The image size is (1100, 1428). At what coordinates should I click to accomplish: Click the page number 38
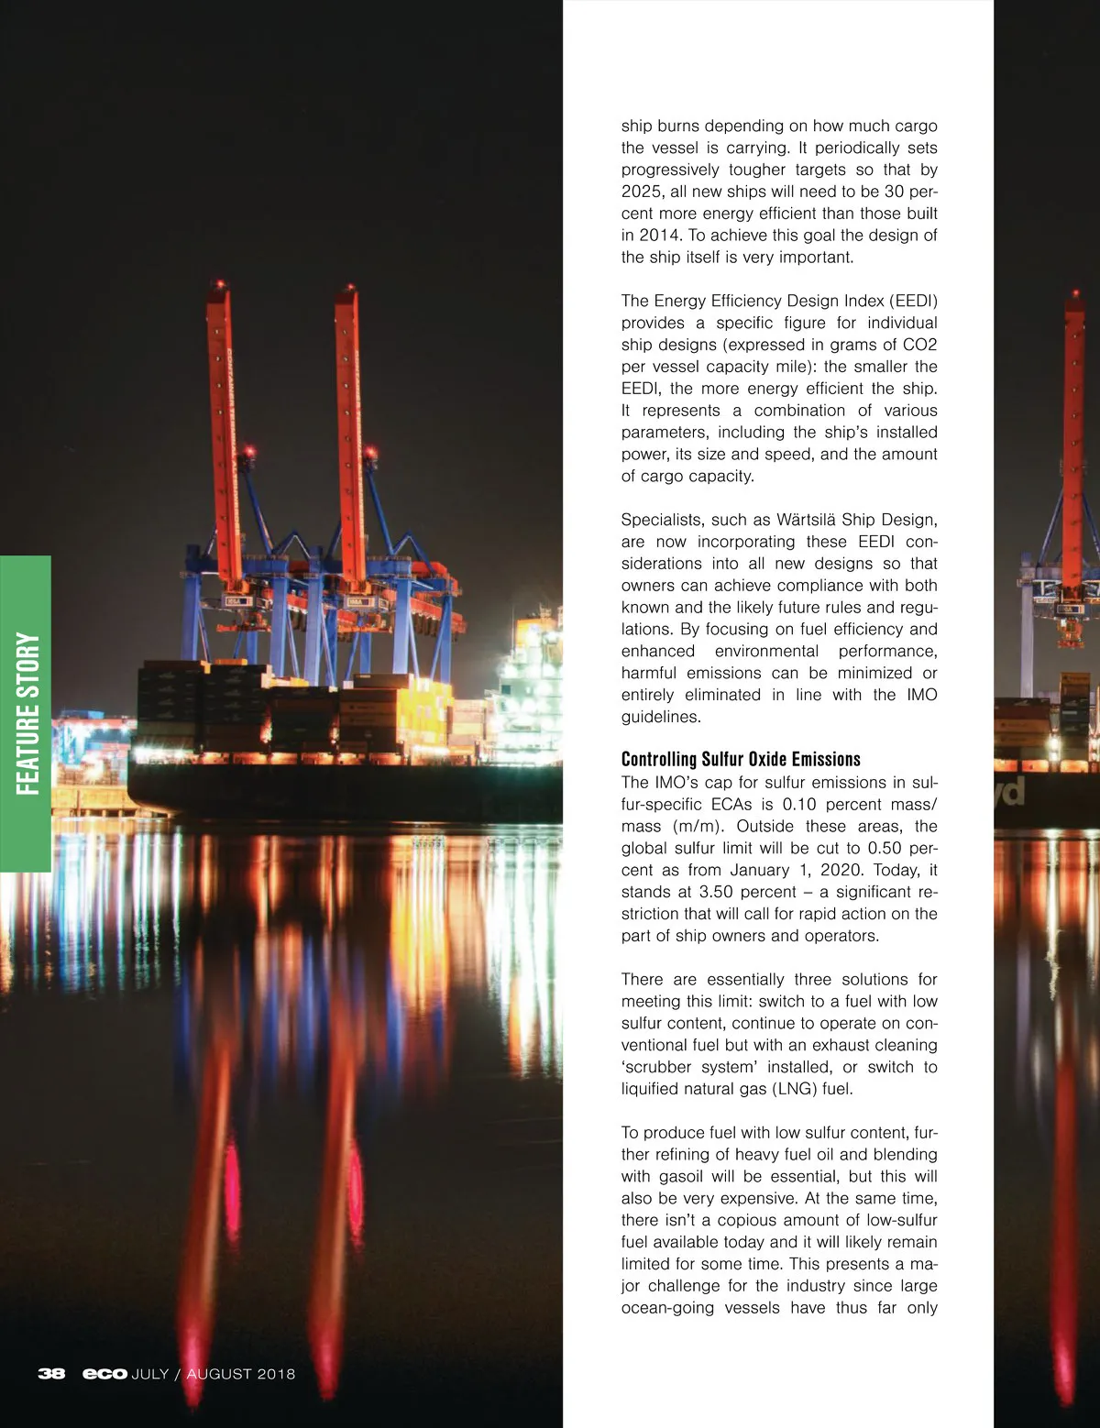click(x=51, y=1374)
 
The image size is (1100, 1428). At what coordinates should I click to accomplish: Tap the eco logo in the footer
click(x=104, y=1374)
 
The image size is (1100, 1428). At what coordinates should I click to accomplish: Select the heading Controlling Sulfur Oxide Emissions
click(x=741, y=759)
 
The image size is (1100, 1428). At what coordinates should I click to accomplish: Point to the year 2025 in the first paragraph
click(x=641, y=192)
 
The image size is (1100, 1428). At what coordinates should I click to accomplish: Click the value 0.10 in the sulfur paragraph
click(x=799, y=804)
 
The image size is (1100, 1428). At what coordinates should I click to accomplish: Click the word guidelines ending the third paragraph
click(x=661, y=717)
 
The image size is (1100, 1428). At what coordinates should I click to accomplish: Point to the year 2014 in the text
click(x=659, y=236)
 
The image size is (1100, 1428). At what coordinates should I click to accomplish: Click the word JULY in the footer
click(x=150, y=1374)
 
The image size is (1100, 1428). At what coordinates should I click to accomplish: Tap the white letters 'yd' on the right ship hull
click(x=1011, y=792)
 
